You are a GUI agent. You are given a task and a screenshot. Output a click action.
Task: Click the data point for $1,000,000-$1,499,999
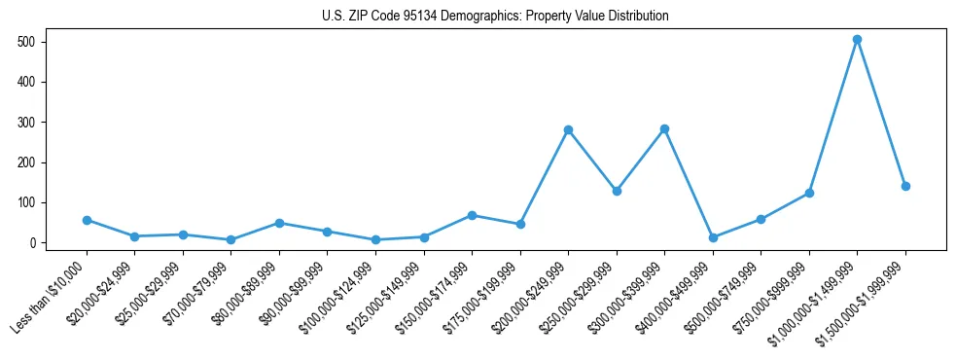(x=857, y=40)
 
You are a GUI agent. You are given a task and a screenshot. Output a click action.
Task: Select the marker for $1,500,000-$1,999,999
(x=905, y=186)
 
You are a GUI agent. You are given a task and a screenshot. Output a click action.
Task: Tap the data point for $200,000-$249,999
(x=568, y=129)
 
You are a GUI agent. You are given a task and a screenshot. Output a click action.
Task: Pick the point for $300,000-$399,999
(x=664, y=128)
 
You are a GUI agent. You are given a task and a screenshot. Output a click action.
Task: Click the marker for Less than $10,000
(x=87, y=220)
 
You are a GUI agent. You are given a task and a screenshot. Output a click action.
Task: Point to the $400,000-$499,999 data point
(x=713, y=237)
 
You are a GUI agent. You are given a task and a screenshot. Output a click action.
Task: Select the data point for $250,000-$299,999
(x=617, y=191)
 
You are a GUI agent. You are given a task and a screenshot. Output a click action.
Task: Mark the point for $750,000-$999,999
(x=809, y=193)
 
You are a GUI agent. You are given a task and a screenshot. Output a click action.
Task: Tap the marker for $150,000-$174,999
(x=472, y=215)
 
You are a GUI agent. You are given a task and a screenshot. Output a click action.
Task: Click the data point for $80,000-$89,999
(x=279, y=223)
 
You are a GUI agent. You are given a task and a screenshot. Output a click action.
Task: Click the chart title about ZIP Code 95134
(x=495, y=17)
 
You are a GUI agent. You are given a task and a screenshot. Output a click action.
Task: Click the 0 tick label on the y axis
(x=32, y=243)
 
